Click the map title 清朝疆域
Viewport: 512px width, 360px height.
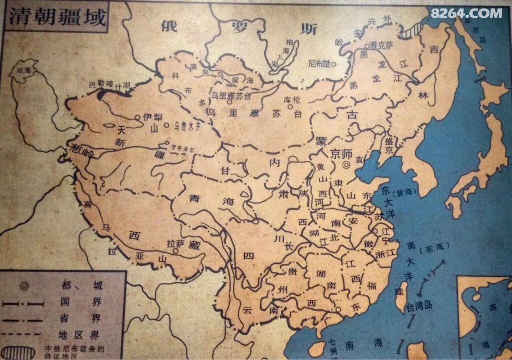(56, 17)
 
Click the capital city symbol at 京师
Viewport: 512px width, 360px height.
(346, 164)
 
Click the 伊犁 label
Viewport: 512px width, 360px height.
(148, 116)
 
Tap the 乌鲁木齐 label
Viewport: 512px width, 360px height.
(187, 128)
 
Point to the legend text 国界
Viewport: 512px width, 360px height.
(82, 302)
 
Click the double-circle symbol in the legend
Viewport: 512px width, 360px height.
(24, 286)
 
